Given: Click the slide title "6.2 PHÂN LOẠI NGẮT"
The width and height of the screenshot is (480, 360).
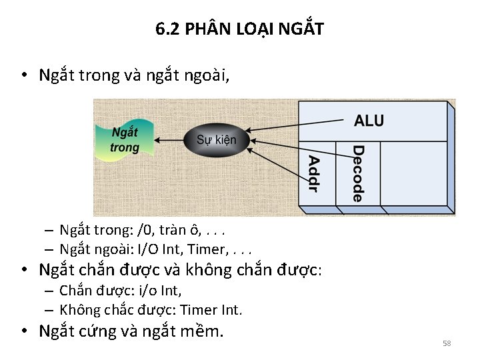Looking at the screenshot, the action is pos(239,29).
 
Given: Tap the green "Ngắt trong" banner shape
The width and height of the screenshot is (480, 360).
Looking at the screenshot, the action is pos(125,140).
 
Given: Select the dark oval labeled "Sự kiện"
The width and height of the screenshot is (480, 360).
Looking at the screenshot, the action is pos(216,140).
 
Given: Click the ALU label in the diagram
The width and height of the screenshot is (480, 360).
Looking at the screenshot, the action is pos(369,121).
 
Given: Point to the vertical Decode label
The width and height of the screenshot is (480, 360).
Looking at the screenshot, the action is pos(358,173).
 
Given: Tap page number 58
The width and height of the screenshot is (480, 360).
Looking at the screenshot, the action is pos(447,343).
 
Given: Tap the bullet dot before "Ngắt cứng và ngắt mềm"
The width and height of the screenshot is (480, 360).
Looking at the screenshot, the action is pos(23,331).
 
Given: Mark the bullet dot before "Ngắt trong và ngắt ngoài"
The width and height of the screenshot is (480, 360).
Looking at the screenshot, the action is pos(23,75).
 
